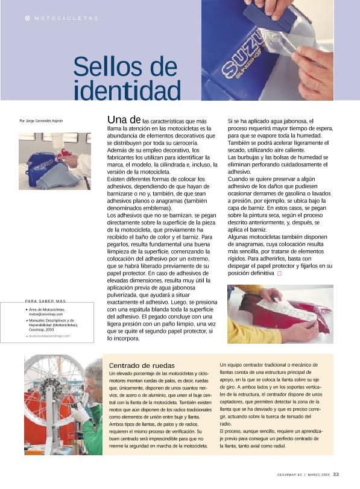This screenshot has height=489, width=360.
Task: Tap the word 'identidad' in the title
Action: pos(127,91)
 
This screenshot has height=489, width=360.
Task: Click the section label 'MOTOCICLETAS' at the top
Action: pos(66,18)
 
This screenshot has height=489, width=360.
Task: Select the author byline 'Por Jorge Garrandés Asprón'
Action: pos(41,121)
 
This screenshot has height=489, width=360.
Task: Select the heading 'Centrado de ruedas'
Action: pos(142,365)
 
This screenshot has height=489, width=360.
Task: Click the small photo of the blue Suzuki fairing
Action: pos(54,161)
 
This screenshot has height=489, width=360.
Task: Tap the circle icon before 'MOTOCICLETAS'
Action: pos(27,18)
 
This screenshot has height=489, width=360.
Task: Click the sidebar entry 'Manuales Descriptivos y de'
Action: pos(51,321)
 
